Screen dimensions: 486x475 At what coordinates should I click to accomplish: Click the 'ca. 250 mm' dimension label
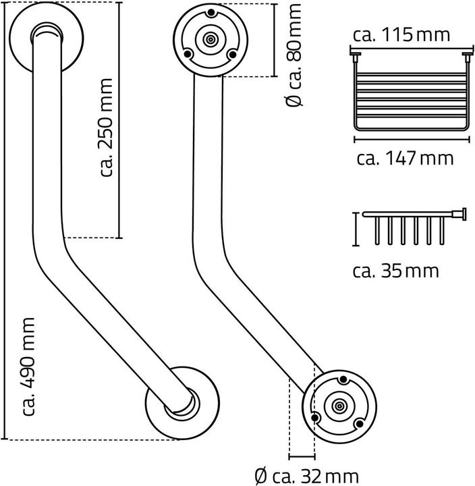click(x=105, y=129)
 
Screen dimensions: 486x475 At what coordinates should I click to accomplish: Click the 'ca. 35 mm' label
click(x=396, y=271)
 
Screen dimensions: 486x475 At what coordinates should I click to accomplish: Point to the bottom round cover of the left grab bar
click(x=180, y=402)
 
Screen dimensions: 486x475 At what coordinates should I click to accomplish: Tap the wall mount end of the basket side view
click(x=462, y=215)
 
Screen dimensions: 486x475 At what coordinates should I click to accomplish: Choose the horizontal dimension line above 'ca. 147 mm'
click(x=410, y=140)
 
